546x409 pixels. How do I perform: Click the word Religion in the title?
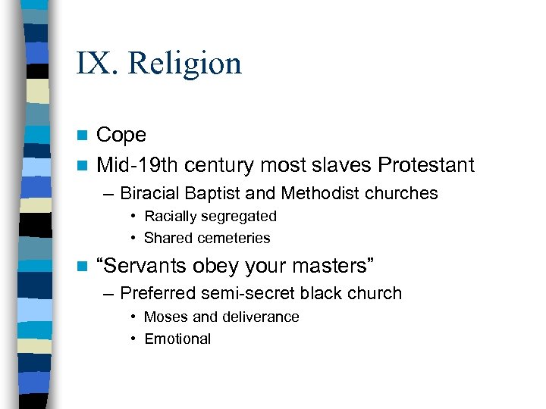tap(185, 63)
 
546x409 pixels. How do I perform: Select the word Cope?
tap(121, 135)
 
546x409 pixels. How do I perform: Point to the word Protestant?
tap(426, 164)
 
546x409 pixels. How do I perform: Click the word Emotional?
tap(177, 339)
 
